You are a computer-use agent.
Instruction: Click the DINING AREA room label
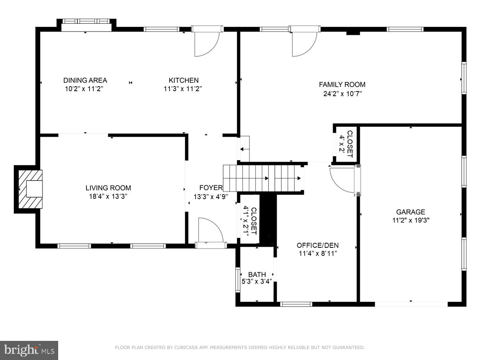click(x=85, y=80)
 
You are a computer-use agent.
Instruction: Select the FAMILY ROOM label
click(x=342, y=85)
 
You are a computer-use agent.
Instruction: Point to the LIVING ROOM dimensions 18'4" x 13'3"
click(x=108, y=196)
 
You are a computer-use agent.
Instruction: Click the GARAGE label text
click(x=410, y=212)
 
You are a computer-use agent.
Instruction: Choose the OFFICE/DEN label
click(x=317, y=245)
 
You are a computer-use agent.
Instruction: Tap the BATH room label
click(x=257, y=275)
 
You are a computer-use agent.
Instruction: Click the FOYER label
click(x=211, y=188)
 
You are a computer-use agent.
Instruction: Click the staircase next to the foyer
click(x=264, y=178)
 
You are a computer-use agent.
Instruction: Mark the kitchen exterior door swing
click(x=206, y=43)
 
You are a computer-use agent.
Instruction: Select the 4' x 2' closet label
click(x=346, y=144)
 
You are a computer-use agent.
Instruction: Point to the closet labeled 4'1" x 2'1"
click(x=249, y=220)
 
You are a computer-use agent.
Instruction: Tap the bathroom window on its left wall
click(x=238, y=280)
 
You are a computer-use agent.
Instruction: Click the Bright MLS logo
click(x=29, y=350)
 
